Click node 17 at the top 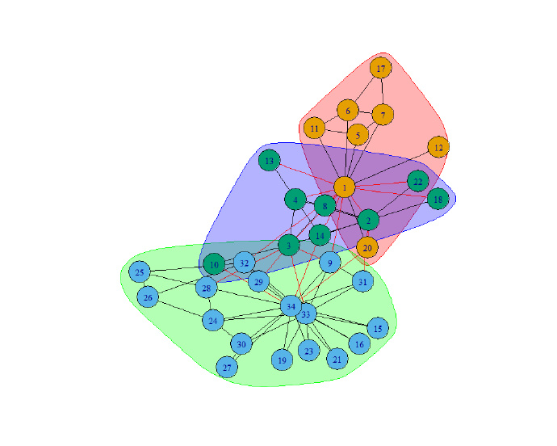381,68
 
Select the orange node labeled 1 345,187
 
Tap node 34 290,306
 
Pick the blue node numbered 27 227,367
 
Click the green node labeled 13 270,161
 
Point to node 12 438,148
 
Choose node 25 140,272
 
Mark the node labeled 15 378,327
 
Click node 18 438,199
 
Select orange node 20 366,247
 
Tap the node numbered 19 282,360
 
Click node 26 148,298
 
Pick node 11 315,128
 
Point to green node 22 417,182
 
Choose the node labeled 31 362,282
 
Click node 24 213,321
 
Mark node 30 241,344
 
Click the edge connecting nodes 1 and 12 392,167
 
